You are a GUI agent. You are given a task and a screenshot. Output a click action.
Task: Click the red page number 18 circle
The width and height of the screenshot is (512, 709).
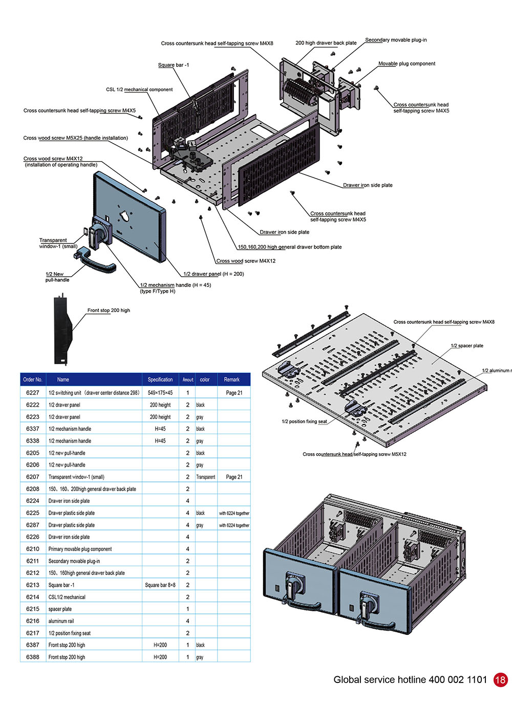pyautogui.click(x=500, y=679)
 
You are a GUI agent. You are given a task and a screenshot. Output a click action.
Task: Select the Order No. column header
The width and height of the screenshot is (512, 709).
pyautogui.click(x=33, y=380)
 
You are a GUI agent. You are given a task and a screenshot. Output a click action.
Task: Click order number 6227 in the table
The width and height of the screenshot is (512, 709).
pyautogui.click(x=33, y=393)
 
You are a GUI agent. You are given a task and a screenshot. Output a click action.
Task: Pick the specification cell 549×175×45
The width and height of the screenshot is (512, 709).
pyautogui.click(x=160, y=393)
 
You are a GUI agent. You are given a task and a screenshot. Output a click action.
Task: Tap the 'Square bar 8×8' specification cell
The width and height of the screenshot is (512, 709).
pyautogui.click(x=160, y=585)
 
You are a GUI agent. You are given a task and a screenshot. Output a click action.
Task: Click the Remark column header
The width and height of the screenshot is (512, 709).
pyautogui.click(x=232, y=380)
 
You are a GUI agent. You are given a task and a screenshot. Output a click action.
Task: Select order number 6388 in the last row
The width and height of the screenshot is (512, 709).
pyautogui.click(x=33, y=657)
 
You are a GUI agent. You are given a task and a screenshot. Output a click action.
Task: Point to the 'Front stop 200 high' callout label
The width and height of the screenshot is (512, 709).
pyautogui.click(x=109, y=311)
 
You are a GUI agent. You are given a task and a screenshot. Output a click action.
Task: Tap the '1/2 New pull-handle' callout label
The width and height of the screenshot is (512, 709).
pyautogui.click(x=56, y=277)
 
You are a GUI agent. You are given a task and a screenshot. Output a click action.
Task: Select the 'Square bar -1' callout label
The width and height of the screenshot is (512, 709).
pyautogui.click(x=174, y=65)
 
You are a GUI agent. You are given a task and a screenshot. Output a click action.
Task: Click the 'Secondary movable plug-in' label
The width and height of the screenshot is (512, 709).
pyautogui.click(x=396, y=40)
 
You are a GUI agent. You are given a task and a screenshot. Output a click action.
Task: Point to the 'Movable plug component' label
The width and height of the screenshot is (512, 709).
pyautogui.click(x=407, y=64)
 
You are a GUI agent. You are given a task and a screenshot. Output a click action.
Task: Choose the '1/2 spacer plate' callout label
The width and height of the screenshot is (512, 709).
pyautogui.click(x=467, y=346)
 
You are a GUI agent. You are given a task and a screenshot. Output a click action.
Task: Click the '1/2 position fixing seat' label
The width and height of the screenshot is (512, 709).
pyautogui.click(x=304, y=422)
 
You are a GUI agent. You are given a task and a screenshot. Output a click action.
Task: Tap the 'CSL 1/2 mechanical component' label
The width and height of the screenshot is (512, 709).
pyautogui.click(x=139, y=90)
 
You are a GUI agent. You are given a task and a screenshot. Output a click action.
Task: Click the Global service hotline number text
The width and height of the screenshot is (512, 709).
pyautogui.click(x=410, y=679)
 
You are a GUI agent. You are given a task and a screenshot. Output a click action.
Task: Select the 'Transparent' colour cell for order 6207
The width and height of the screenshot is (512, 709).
pyautogui.click(x=206, y=477)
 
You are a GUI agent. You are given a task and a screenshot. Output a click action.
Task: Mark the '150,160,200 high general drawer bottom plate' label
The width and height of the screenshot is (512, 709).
pyautogui.click(x=290, y=247)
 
